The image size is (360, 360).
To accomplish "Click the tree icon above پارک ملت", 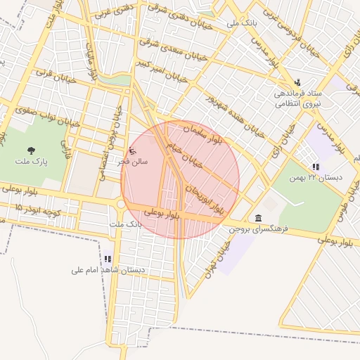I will (x=31, y=150).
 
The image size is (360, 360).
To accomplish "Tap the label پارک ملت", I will (x=31, y=162).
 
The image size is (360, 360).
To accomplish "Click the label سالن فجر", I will (x=133, y=162).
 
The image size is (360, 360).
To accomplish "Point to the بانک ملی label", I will (x=243, y=23).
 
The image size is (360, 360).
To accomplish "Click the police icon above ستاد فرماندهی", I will (x=297, y=82).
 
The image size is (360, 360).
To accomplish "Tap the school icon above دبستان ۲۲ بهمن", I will (x=316, y=167).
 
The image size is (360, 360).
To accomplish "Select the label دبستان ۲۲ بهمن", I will (x=316, y=178).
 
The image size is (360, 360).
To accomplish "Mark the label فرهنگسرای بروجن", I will (x=259, y=229).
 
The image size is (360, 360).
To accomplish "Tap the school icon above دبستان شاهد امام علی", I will (x=108, y=259).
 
